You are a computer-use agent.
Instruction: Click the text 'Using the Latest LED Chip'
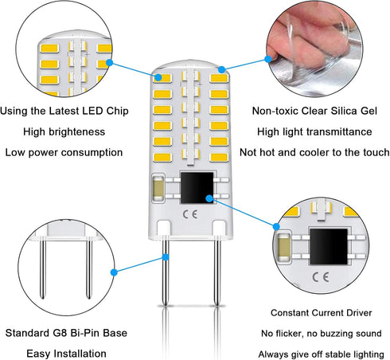pos(64,111)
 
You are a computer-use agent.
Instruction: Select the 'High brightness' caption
pos(64,131)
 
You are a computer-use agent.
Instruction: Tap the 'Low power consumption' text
pos(64,152)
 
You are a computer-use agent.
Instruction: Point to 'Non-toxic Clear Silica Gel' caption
pos(320,111)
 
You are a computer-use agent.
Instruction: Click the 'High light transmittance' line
pos(320,131)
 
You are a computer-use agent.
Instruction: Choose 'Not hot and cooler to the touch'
pos(320,152)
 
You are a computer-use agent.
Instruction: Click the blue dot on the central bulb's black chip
pos(211,198)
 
